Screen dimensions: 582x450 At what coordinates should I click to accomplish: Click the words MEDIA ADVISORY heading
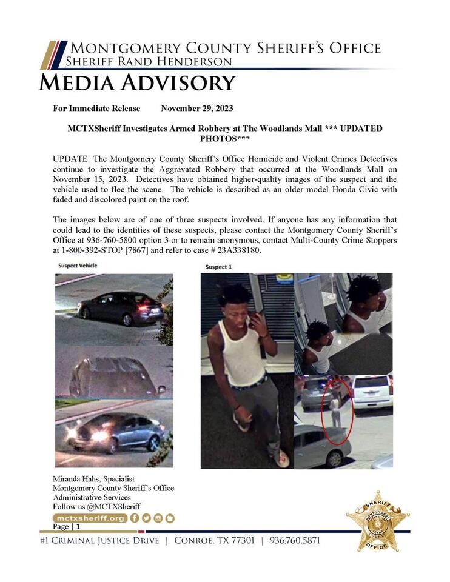click(x=137, y=82)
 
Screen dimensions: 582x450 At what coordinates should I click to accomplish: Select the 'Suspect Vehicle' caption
click(x=78, y=266)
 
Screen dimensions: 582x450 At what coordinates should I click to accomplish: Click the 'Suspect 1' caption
click(x=218, y=267)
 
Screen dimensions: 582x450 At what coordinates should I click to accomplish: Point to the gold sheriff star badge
click(x=377, y=521)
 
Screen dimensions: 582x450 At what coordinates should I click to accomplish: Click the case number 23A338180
click(x=236, y=251)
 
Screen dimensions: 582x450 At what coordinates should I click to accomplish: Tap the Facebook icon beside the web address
click(x=135, y=518)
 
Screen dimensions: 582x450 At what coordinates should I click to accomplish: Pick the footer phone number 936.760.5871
click(x=295, y=540)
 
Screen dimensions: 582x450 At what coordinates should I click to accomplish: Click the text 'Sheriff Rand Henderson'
click(x=149, y=62)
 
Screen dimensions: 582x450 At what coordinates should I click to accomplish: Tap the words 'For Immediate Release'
click(x=96, y=109)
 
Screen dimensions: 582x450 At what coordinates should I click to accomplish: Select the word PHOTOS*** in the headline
click(x=225, y=139)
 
